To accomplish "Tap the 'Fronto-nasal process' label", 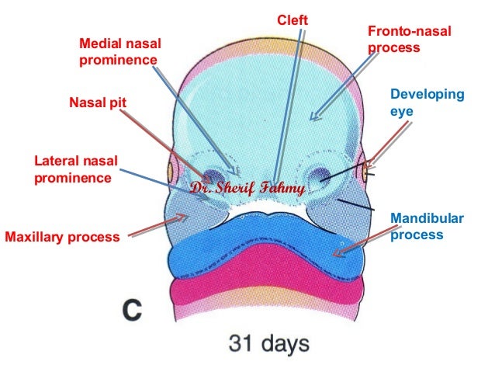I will pyautogui.click(x=408, y=39).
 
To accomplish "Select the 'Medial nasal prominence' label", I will pyautogui.click(x=121, y=50).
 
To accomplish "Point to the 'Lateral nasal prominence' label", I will pyautogui.click(x=75, y=169).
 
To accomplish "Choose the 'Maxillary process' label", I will pyautogui.click(x=63, y=236).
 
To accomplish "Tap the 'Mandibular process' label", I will pyautogui.click(x=426, y=225).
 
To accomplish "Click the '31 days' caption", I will pyautogui.click(x=268, y=342).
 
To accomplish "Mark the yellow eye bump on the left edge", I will pyautogui.click(x=164, y=167).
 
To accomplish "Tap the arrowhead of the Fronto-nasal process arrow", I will pyautogui.click(x=312, y=118).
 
